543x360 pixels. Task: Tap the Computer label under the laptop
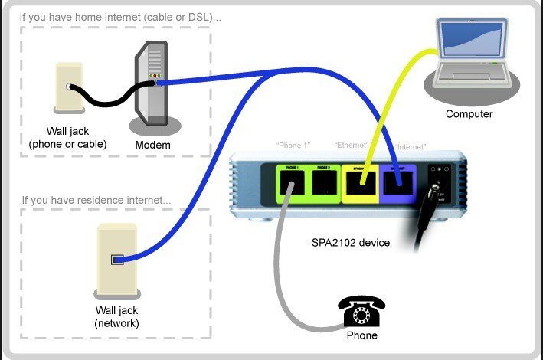click(469, 114)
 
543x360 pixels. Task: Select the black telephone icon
click(361, 313)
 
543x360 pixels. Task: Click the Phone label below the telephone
click(361, 335)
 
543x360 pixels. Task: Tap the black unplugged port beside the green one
click(322, 184)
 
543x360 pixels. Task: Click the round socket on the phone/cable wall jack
click(70, 87)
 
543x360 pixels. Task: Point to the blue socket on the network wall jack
click(116, 260)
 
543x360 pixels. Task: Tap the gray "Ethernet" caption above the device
click(352, 145)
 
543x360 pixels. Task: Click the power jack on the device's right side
click(439, 186)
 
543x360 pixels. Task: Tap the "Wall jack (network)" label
click(116, 317)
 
